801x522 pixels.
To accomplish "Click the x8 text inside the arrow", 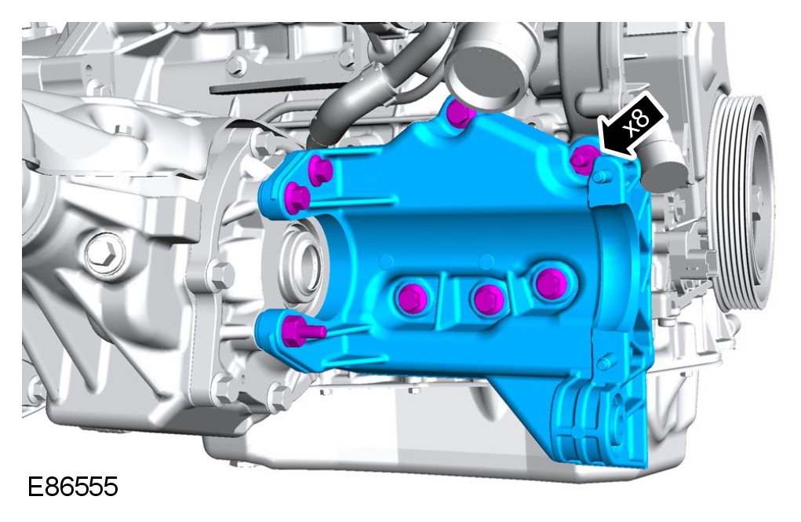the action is click(x=638, y=122).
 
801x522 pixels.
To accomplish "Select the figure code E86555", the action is click(x=72, y=487).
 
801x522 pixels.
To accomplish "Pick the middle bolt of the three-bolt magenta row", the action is click(x=488, y=300).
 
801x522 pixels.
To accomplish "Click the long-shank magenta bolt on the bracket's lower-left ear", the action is click(x=302, y=330).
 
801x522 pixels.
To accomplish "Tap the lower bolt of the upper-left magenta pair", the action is click(x=297, y=197).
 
